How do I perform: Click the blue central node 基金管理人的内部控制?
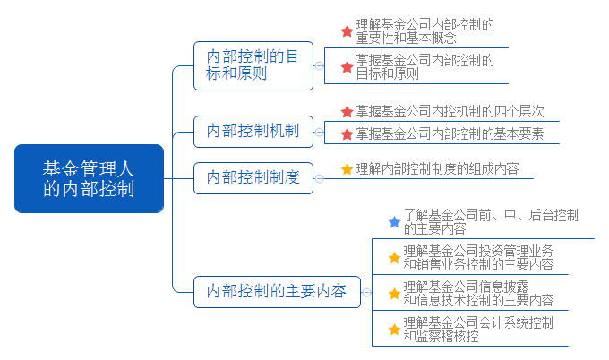point(89,178)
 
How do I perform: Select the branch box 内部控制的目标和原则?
point(253,65)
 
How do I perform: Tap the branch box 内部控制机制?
point(253,132)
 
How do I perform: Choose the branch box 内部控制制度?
point(253,177)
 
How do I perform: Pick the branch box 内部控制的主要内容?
point(276,291)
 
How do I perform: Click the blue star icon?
point(394,221)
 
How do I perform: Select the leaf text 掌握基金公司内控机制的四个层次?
point(450,112)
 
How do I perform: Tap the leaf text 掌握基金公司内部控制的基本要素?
point(450,134)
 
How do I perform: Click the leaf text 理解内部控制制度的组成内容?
point(437,168)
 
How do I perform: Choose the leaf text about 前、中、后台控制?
point(490,221)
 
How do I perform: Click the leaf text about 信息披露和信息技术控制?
point(478,293)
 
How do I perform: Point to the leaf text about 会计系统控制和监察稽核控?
point(478,329)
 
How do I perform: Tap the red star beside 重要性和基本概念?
point(347,31)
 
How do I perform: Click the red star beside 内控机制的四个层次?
point(347,112)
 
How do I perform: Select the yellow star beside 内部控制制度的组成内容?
point(347,168)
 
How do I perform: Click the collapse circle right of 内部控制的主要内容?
point(365,291)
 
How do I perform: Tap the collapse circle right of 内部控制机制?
point(319,132)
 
